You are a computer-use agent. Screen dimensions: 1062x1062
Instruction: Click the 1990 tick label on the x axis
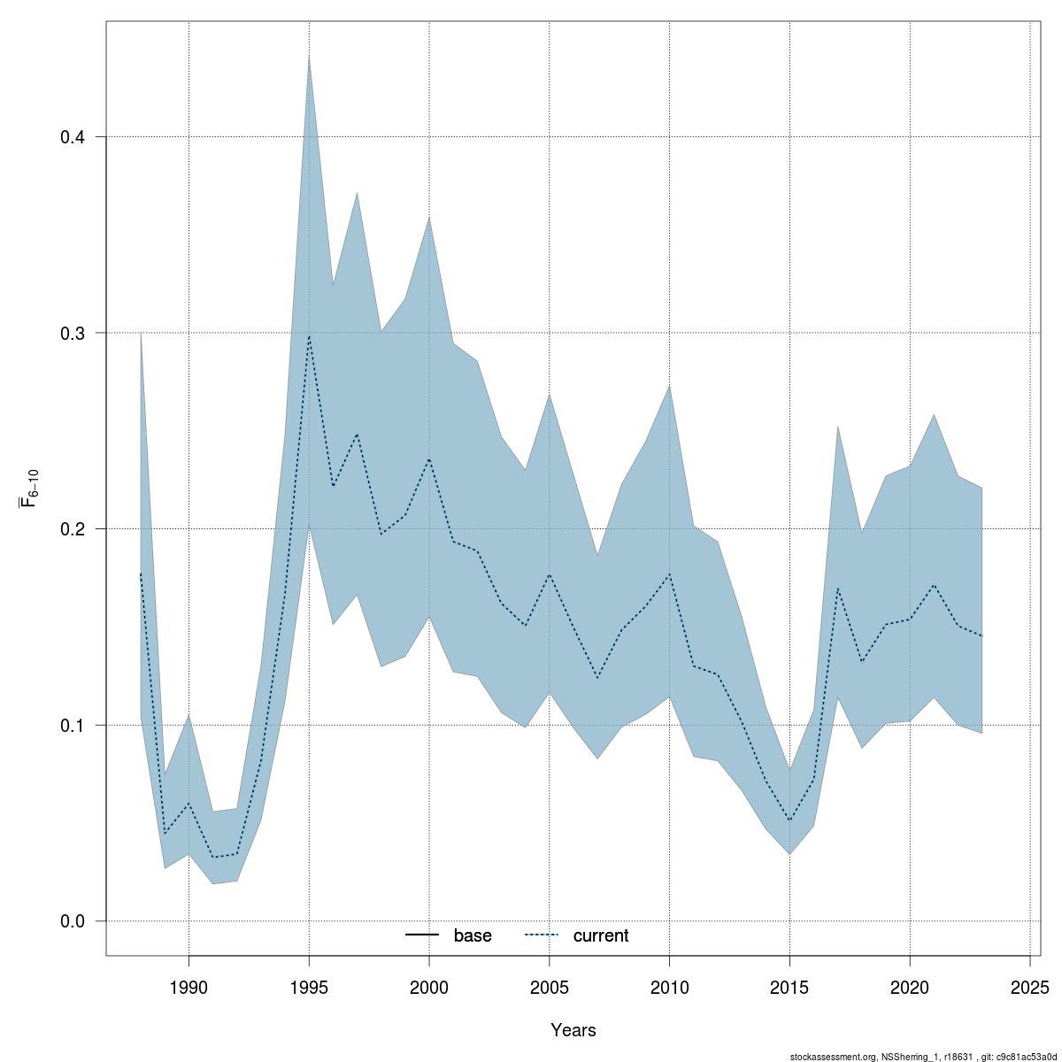[189, 987]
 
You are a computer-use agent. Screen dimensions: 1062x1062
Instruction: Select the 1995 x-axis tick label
[309, 987]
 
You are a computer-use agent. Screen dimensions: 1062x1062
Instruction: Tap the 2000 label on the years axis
[429, 987]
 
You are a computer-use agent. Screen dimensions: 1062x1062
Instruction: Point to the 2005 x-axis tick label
[550, 987]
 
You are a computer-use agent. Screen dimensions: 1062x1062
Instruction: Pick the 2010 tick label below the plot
[669, 987]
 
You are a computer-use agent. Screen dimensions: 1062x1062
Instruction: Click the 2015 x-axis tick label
[789, 987]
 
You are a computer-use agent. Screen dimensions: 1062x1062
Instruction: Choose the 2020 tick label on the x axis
[910, 987]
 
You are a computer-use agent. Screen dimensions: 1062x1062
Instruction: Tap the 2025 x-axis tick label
[1030, 987]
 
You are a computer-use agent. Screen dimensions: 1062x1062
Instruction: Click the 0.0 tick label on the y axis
[72, 921]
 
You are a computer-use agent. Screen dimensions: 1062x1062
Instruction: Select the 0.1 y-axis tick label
[72, 725]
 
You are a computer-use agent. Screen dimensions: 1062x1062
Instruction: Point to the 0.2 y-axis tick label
[72, 529]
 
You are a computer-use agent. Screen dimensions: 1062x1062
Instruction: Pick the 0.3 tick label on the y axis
[72, 333]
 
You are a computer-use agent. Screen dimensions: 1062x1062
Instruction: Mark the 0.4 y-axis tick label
[72, 137]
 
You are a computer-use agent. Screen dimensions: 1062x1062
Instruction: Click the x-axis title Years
[573, 1030]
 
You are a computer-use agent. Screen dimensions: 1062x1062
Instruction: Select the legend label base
[473, 935]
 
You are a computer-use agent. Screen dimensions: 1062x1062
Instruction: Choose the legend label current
[601, 935]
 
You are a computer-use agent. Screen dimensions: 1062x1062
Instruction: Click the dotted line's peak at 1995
[309, 336]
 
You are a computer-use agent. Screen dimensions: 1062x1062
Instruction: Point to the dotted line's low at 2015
[789, 821]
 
